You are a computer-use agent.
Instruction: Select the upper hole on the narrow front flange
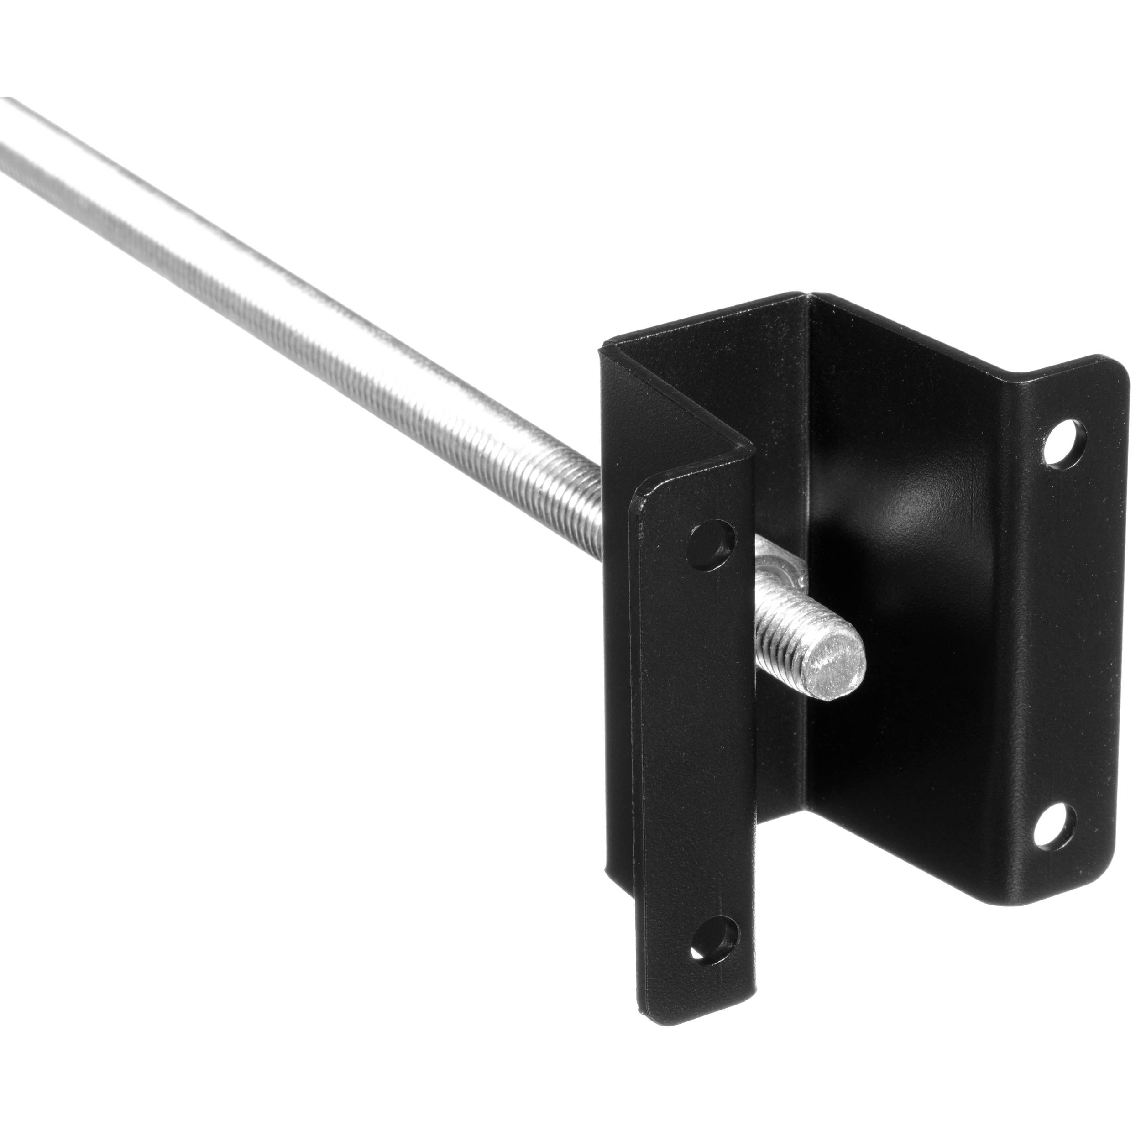click(x=713, y=539)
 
